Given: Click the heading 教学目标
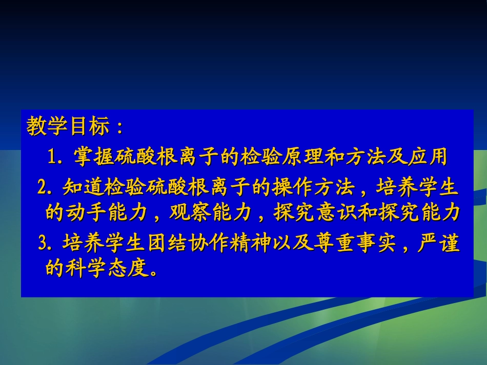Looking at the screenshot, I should pyautogui.click(x=68, y=127).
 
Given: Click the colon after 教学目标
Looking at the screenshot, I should pyautogui.click(x=119, y=128).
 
